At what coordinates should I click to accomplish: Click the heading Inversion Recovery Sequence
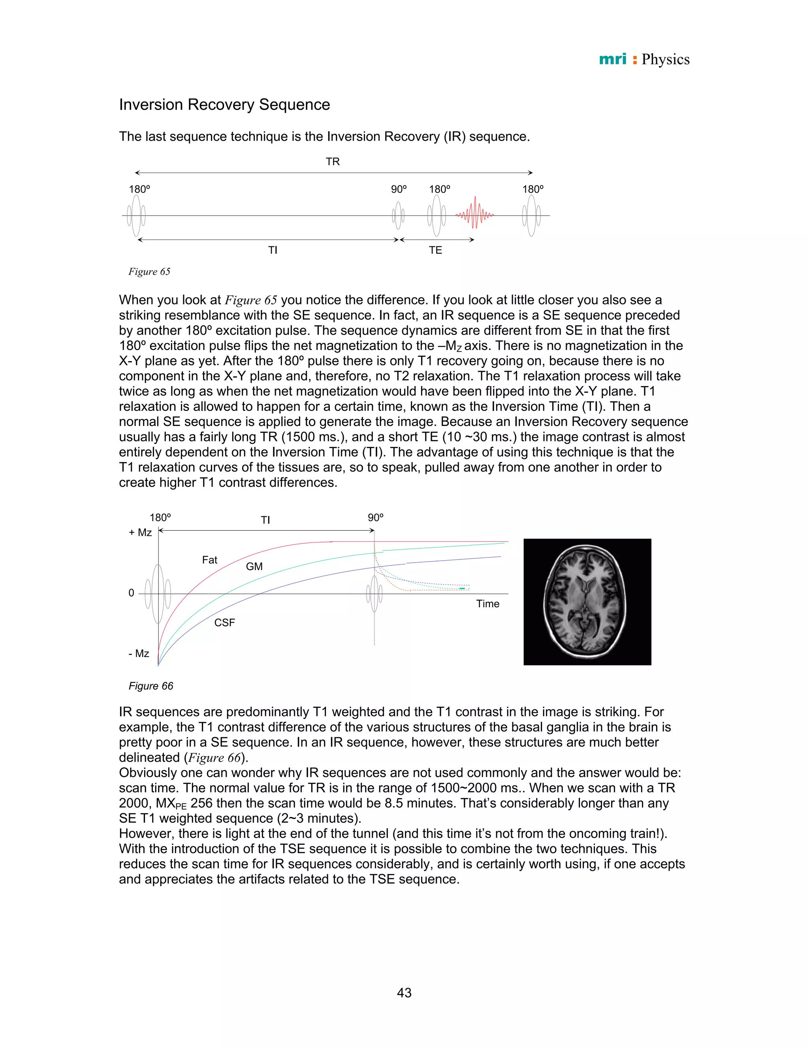pyautogui.click(x=224, y=105)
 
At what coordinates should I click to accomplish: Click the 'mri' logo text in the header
pyautogui.click(x=613, y=59)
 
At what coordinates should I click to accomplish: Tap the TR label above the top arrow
pyautogui.click(x=333, y=162)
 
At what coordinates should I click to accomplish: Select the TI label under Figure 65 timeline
pyautogui.click(x=272, y=250)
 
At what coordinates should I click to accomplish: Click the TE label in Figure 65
pyautogui.click(x=435, y=250)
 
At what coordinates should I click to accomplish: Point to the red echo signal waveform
pyautogui.click(x=474, y=213)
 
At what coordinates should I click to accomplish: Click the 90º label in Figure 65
pyautogui.click(x=399, y=189)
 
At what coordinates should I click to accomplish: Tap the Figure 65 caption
pyautogui.click(x=149, y=271)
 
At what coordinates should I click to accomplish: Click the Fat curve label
pyautogui.click(x=209, y=560)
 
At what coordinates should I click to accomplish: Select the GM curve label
pyautogui.click(x=254, y=567)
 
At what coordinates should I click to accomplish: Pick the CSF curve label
pyautogui.click(x=224, y=623)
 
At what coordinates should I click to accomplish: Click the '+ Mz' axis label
pyautogui.click(x=140, y=533)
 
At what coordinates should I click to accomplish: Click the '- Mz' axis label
pyautogui.click(x=139, y=653)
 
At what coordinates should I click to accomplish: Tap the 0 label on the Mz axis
pyautogui.click(x=131, y=593)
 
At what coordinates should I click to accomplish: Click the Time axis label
pyautogui.click(x=487, y=604)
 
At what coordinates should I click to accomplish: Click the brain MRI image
pyautogui.click(x=587, y=602)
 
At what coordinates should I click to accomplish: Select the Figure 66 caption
pyautogui.click(x=151, y=686)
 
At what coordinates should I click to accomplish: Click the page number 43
pyautogui.click(x=404, y=993)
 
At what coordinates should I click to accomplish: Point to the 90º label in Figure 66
pyautogui.click(x=375, y=518)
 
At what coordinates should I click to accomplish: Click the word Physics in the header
pyautogui.click(x=665, y=59)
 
